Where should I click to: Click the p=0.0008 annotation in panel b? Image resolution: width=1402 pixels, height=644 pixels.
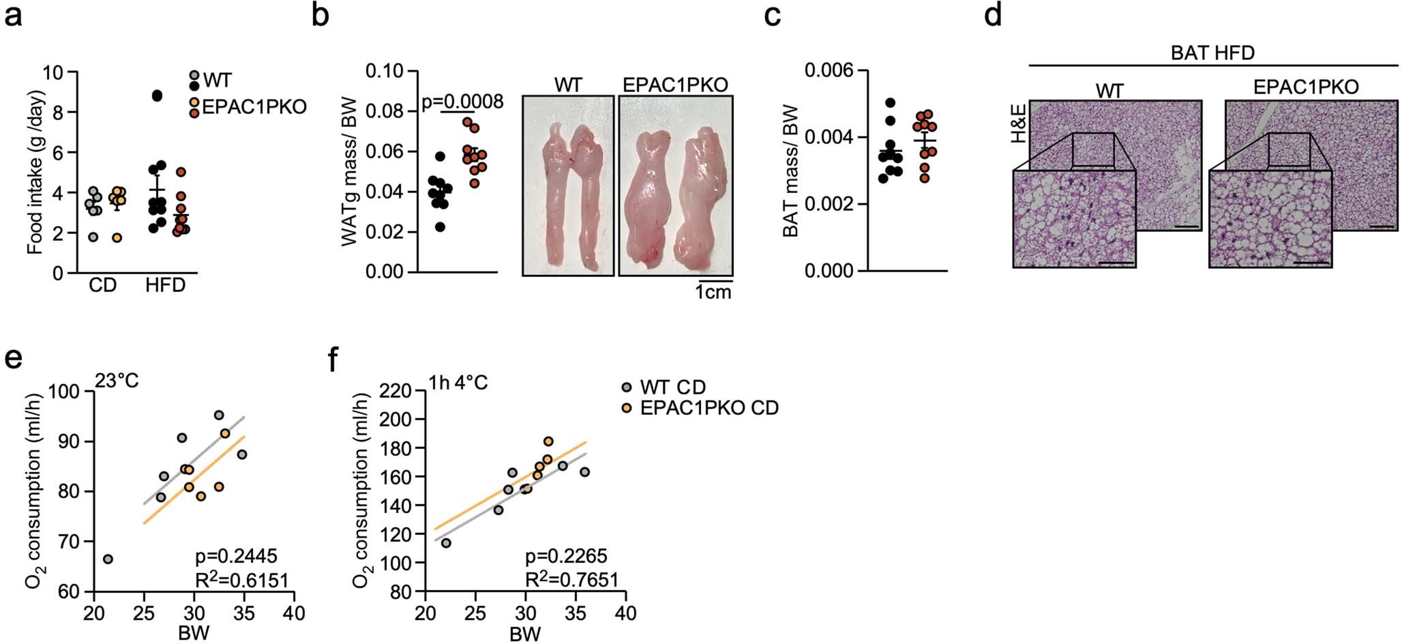point(462,102)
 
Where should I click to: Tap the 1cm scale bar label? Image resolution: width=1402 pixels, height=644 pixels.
point(713,293)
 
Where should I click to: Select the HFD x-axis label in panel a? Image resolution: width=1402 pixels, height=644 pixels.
point(165,285)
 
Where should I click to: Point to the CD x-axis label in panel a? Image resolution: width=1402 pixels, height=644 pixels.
point(102,285)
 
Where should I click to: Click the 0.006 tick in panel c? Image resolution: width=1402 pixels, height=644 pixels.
point(826,71)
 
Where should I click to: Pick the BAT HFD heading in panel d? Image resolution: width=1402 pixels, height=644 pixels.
point(1212,53)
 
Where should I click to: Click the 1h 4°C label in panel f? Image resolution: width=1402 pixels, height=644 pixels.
point(458,383)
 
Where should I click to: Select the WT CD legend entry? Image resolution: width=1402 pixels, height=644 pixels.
point(672,387)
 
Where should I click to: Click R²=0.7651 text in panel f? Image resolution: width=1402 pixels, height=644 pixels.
point(571,581)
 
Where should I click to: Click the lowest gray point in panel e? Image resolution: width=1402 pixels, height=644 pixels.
point(108,559)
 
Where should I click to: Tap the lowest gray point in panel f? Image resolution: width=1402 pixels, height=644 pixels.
point(446,543)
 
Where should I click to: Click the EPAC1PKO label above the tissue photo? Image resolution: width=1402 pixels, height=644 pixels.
point(675,85)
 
